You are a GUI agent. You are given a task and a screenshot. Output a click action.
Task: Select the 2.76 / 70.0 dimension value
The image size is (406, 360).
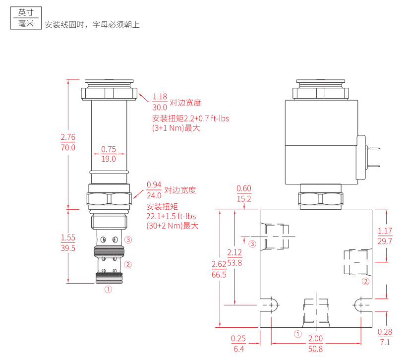click(68, 142)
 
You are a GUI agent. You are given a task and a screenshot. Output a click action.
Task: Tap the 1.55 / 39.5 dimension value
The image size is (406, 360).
click(68, 243)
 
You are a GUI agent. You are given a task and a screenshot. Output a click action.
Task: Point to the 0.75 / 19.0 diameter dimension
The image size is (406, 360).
click(109, 154)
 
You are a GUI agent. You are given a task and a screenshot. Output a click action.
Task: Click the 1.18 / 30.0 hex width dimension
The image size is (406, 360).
click(160, 102)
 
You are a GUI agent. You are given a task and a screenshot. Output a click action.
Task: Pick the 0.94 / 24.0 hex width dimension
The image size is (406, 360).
click(154, 190)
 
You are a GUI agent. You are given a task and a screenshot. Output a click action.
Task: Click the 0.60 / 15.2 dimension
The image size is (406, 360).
click(244, 193)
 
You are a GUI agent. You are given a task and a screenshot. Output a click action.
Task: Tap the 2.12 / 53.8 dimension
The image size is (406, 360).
click(234, 258)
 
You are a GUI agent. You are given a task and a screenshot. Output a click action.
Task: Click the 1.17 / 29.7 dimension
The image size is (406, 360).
click(385, 236)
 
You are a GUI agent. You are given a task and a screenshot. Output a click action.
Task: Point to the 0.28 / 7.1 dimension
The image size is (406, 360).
click(385, 337)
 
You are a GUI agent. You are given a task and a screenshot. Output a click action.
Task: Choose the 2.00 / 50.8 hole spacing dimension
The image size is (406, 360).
click(316, 344)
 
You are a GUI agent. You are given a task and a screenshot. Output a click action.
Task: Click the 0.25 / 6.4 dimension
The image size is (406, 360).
click(238, 344)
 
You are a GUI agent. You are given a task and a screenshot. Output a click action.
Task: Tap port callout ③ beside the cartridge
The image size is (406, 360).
click(128, 240)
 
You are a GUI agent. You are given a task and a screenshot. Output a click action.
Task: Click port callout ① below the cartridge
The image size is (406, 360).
click(109, 289)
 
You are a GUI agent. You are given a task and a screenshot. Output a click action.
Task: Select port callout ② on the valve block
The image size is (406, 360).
click(366, 282)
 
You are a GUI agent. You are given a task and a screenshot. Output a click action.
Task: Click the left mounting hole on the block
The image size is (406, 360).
click(271, 304)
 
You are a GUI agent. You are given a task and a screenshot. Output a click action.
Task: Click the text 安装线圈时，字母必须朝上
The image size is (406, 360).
click(93, 24)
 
